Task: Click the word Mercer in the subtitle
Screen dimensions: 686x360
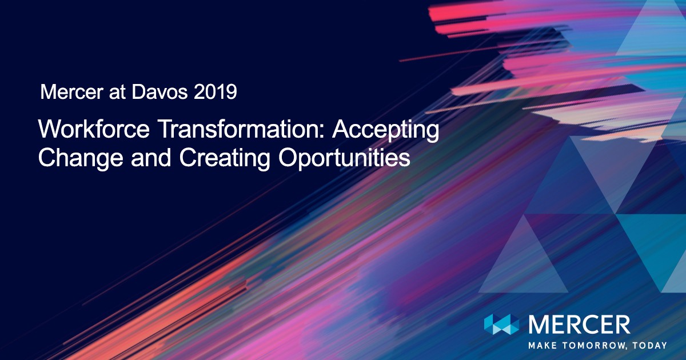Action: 71,92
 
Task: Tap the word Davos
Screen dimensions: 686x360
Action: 159,92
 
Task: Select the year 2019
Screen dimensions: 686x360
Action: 216,92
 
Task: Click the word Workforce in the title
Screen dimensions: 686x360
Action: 94,129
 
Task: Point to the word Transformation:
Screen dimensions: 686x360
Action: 241,129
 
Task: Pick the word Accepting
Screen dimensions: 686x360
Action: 386,131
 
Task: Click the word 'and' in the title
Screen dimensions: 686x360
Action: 151,157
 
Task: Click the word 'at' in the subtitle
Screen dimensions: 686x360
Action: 117,93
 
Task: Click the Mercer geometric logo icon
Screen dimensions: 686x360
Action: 502,324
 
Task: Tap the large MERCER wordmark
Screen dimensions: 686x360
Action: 579,325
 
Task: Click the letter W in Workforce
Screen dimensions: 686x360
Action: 50,129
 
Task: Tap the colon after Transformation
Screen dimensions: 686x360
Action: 321,131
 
